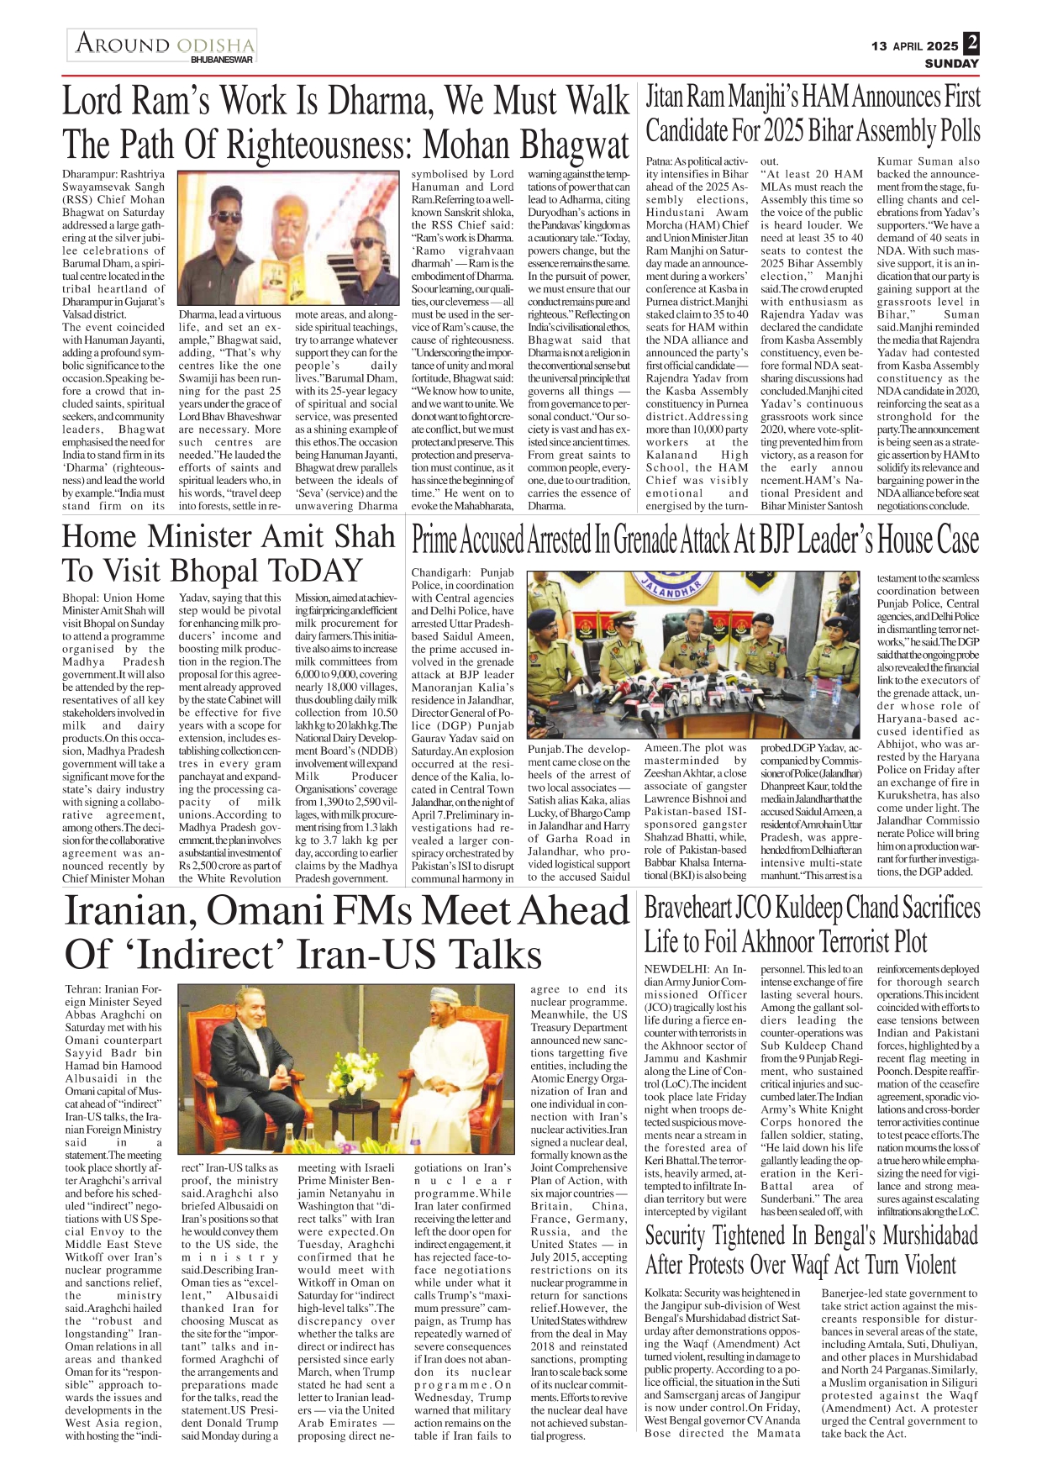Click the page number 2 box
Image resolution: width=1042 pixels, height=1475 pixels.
(x=971, y=43)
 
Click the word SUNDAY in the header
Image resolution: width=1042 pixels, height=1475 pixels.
(x=952, y=64)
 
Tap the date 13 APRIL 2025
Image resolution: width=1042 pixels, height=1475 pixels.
(x=914, y=46)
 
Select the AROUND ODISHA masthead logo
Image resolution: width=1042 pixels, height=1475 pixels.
(x=163, y=44)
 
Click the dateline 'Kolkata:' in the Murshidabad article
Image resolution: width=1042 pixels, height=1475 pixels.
(x=663, y=1293)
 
